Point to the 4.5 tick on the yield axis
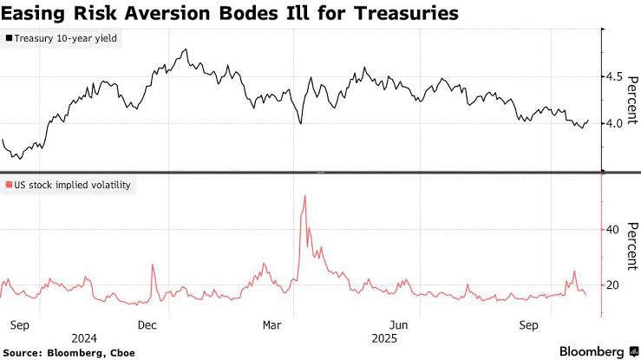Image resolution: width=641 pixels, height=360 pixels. coord(615,76)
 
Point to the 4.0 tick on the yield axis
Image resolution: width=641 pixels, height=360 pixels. coord(615,123)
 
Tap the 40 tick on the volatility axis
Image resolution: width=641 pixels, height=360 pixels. coord(612,230)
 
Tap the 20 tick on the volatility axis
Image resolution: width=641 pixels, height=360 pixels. coord(612,285)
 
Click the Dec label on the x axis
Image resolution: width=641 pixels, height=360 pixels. coord(147,324)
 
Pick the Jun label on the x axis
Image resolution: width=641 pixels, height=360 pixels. coord(399,324)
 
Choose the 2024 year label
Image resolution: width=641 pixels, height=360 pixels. coord(84,337)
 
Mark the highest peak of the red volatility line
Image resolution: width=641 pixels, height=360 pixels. coord(304,196)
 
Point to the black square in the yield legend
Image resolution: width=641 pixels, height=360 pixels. coord(9,39)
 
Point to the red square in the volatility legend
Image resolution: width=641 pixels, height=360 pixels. coord(9,186)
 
